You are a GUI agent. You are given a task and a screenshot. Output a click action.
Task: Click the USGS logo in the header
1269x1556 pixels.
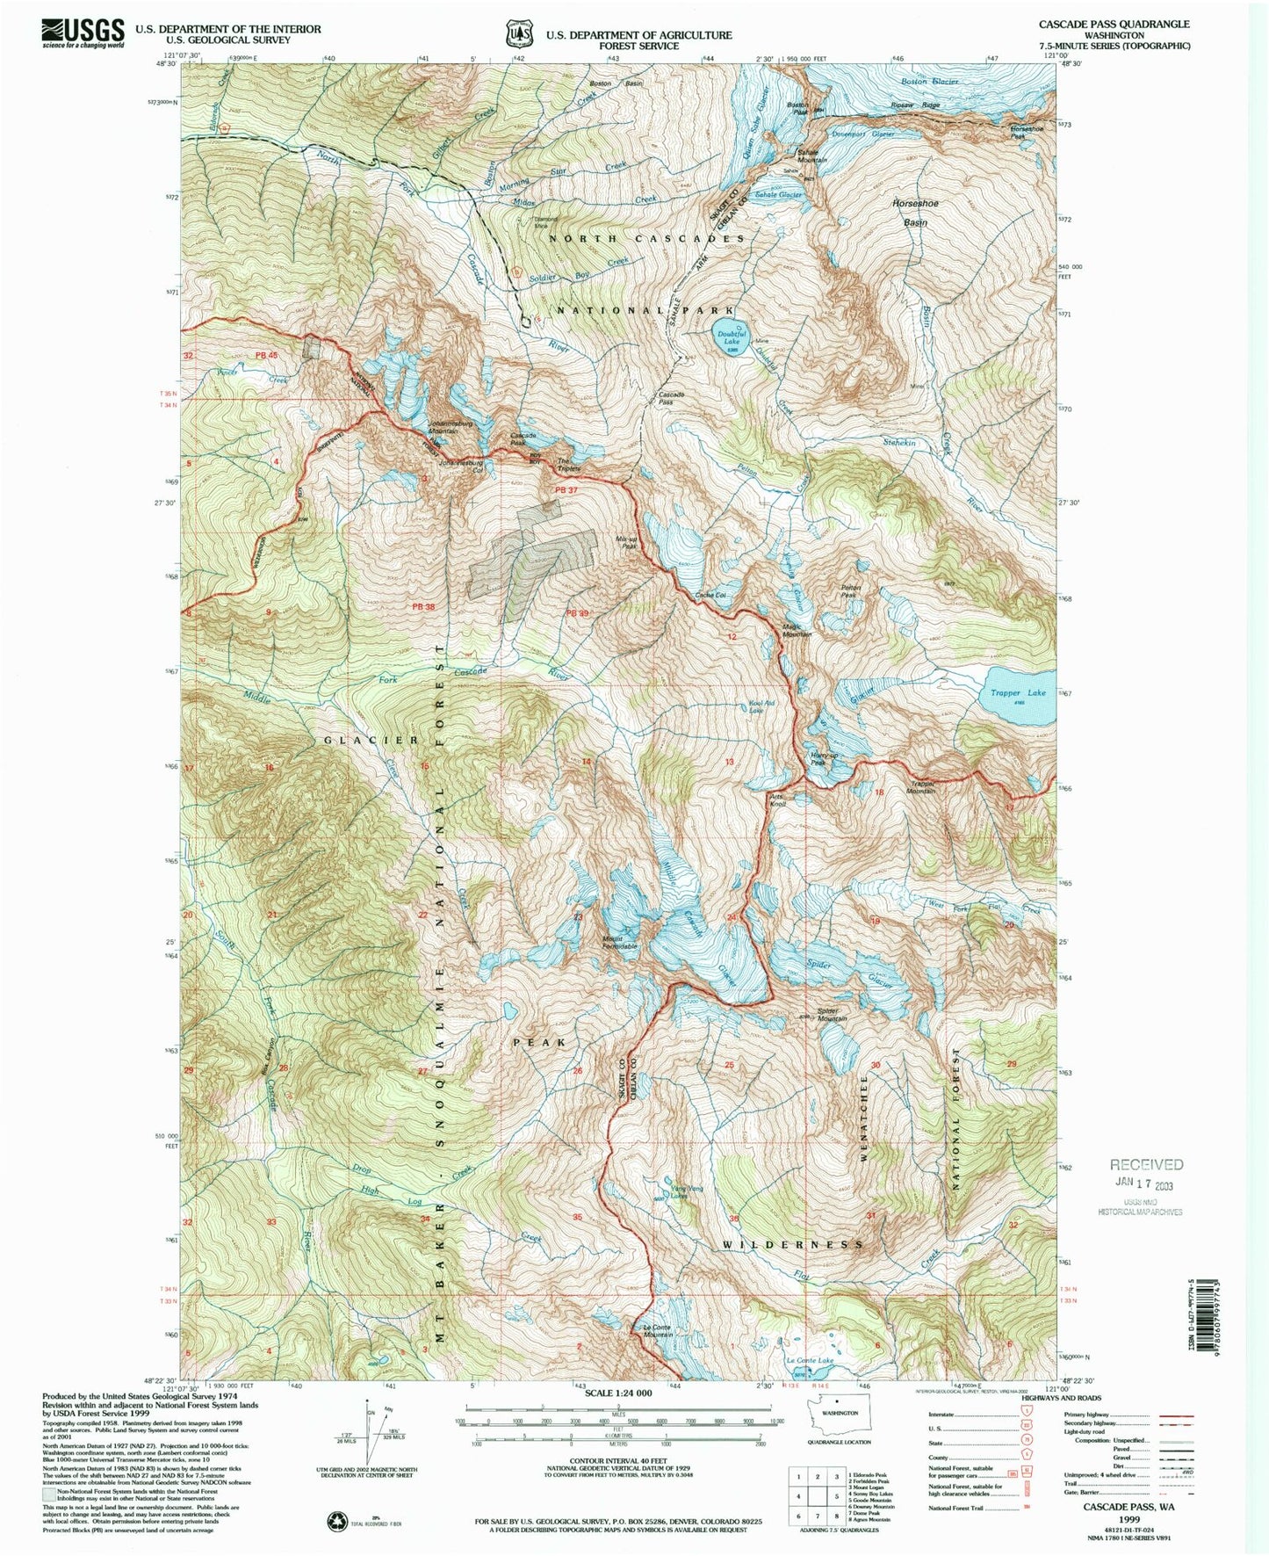click(83, 33)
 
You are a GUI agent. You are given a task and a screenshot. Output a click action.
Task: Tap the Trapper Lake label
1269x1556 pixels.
click(1019, 692)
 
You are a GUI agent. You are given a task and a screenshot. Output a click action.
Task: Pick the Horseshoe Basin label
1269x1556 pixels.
click(915, 213)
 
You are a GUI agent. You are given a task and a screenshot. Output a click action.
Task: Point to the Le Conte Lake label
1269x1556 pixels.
click(808, 1360)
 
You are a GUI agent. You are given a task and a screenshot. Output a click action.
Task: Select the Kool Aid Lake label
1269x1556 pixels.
click(761, 706)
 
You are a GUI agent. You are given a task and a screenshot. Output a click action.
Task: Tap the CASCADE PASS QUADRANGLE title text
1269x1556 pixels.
click(1114, 24)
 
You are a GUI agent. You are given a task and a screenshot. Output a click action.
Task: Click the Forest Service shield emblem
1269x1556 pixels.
click(519, 34)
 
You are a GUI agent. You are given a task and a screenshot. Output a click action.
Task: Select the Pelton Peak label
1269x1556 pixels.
click(850, 591)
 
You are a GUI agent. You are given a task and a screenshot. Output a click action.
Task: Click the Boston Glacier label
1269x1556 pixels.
click(929, 81)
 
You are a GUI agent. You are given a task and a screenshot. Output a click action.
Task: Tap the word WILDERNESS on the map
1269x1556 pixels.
click(793, 1245)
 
